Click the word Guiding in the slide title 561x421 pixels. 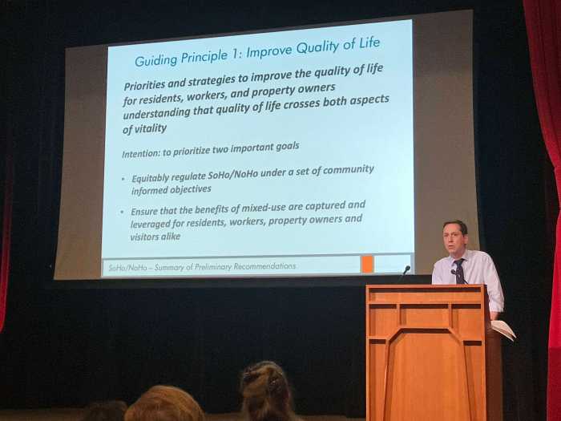156,59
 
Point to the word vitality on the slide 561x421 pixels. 151,128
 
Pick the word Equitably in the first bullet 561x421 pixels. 150,178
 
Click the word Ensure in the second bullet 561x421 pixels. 144,211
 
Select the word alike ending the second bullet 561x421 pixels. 170,237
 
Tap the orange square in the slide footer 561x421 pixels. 367,265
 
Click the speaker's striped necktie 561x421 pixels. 459,271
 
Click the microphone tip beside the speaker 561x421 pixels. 407,269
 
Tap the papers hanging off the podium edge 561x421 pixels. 504,330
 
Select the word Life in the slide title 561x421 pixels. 369,43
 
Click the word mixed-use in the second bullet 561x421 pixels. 264,208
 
